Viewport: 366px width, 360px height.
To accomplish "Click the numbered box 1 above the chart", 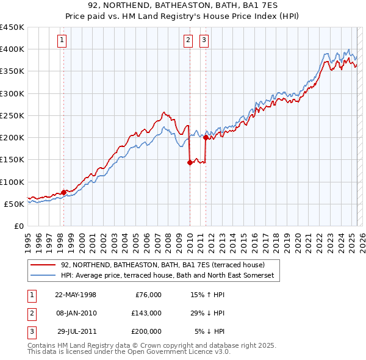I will [62, 41].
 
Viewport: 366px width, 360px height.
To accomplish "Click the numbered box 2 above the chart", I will [188, 41].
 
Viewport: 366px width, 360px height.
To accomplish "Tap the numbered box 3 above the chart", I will [204, 41].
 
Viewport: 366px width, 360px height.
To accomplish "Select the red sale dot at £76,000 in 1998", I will [64, 192].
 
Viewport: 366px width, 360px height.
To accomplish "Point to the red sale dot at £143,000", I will [190, 162].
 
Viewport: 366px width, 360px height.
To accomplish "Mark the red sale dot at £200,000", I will [206, 137].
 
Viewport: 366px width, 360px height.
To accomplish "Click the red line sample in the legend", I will [43, 265].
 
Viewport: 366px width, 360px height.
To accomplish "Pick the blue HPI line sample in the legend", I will [43, 276].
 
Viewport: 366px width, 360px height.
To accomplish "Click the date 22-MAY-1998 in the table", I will [76, 295].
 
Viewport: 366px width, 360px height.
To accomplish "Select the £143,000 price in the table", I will [146, 313].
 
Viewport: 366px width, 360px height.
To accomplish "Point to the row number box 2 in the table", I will [31, 313].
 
